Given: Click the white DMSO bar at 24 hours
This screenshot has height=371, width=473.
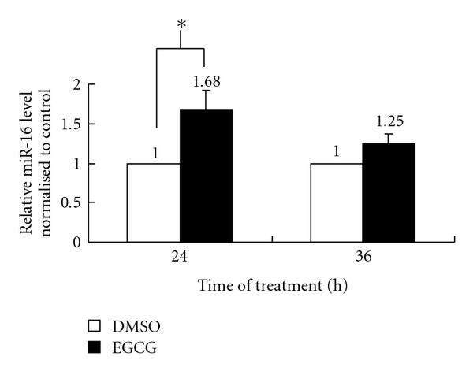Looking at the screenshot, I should (154, 202).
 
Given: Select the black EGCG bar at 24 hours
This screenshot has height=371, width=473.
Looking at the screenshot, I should (207, 176).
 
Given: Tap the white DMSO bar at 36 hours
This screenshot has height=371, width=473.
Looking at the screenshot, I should (337, 202).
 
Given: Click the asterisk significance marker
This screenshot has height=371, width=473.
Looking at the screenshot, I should (181, 25).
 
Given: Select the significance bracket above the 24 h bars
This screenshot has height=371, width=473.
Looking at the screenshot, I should (181, 49).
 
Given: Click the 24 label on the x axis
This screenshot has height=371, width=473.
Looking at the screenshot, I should (181, 257).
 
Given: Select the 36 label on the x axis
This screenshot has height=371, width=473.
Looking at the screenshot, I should (363, 257).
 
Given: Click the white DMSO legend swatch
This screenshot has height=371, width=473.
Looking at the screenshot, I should (94, 325).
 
